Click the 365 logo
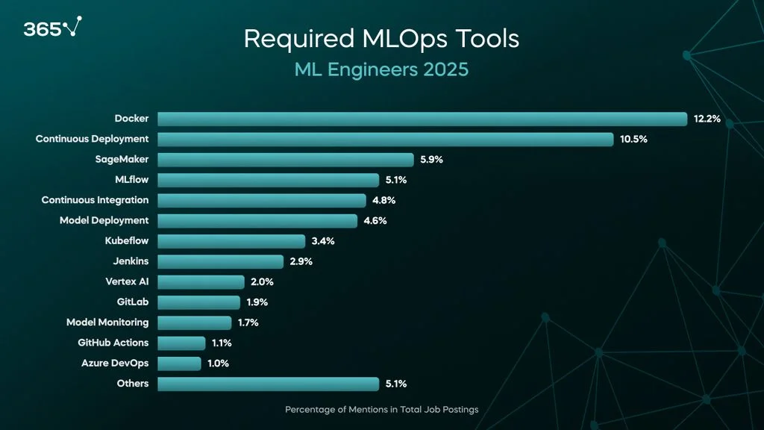tap(51, 28)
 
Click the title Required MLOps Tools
tap(381, 39)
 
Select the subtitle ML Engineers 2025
tap(381, 70)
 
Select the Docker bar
tap(422, 119)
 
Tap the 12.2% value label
tap(707, 119)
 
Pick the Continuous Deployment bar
tap(385, 139)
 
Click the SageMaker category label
tap(122, 159)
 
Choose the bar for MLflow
tap(269, 180)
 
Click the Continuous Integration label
tap(95, 200)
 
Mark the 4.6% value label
tap(375, 221)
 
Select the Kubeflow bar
tap(231, 241)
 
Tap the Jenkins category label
tap(131, 261)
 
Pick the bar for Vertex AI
tap(201, 282)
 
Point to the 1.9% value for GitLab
tap(257, 302)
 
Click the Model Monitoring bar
tap(195, 322)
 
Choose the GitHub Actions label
tap(113, 343)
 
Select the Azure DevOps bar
tap(179, 364)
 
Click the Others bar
tap(269, 384)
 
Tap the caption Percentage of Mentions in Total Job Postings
tap(381, 409)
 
